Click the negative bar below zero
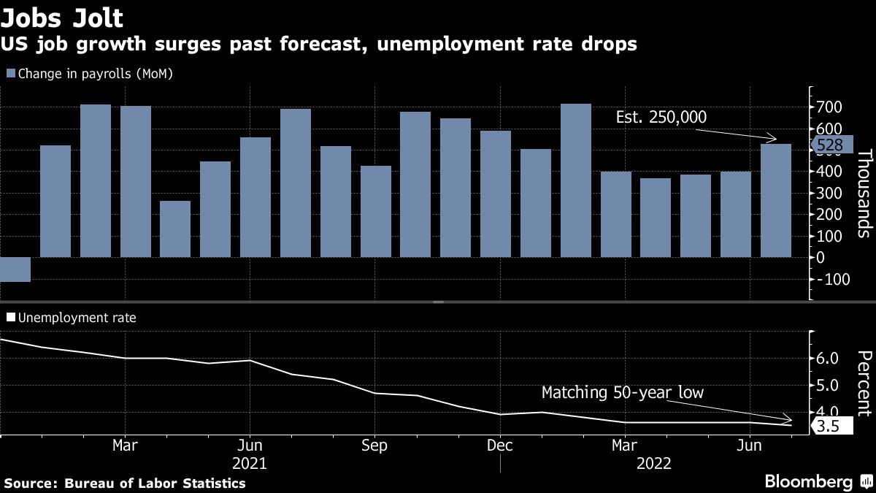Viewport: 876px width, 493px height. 15,269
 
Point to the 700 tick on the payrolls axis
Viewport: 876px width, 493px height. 828,107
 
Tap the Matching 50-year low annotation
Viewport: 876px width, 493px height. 622,393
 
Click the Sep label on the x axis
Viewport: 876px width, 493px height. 374,446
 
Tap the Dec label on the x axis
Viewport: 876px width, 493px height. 499,446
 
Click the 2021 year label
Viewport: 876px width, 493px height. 249,464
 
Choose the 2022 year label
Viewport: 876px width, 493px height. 653,464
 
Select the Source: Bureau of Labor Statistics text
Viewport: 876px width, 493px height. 125,484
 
